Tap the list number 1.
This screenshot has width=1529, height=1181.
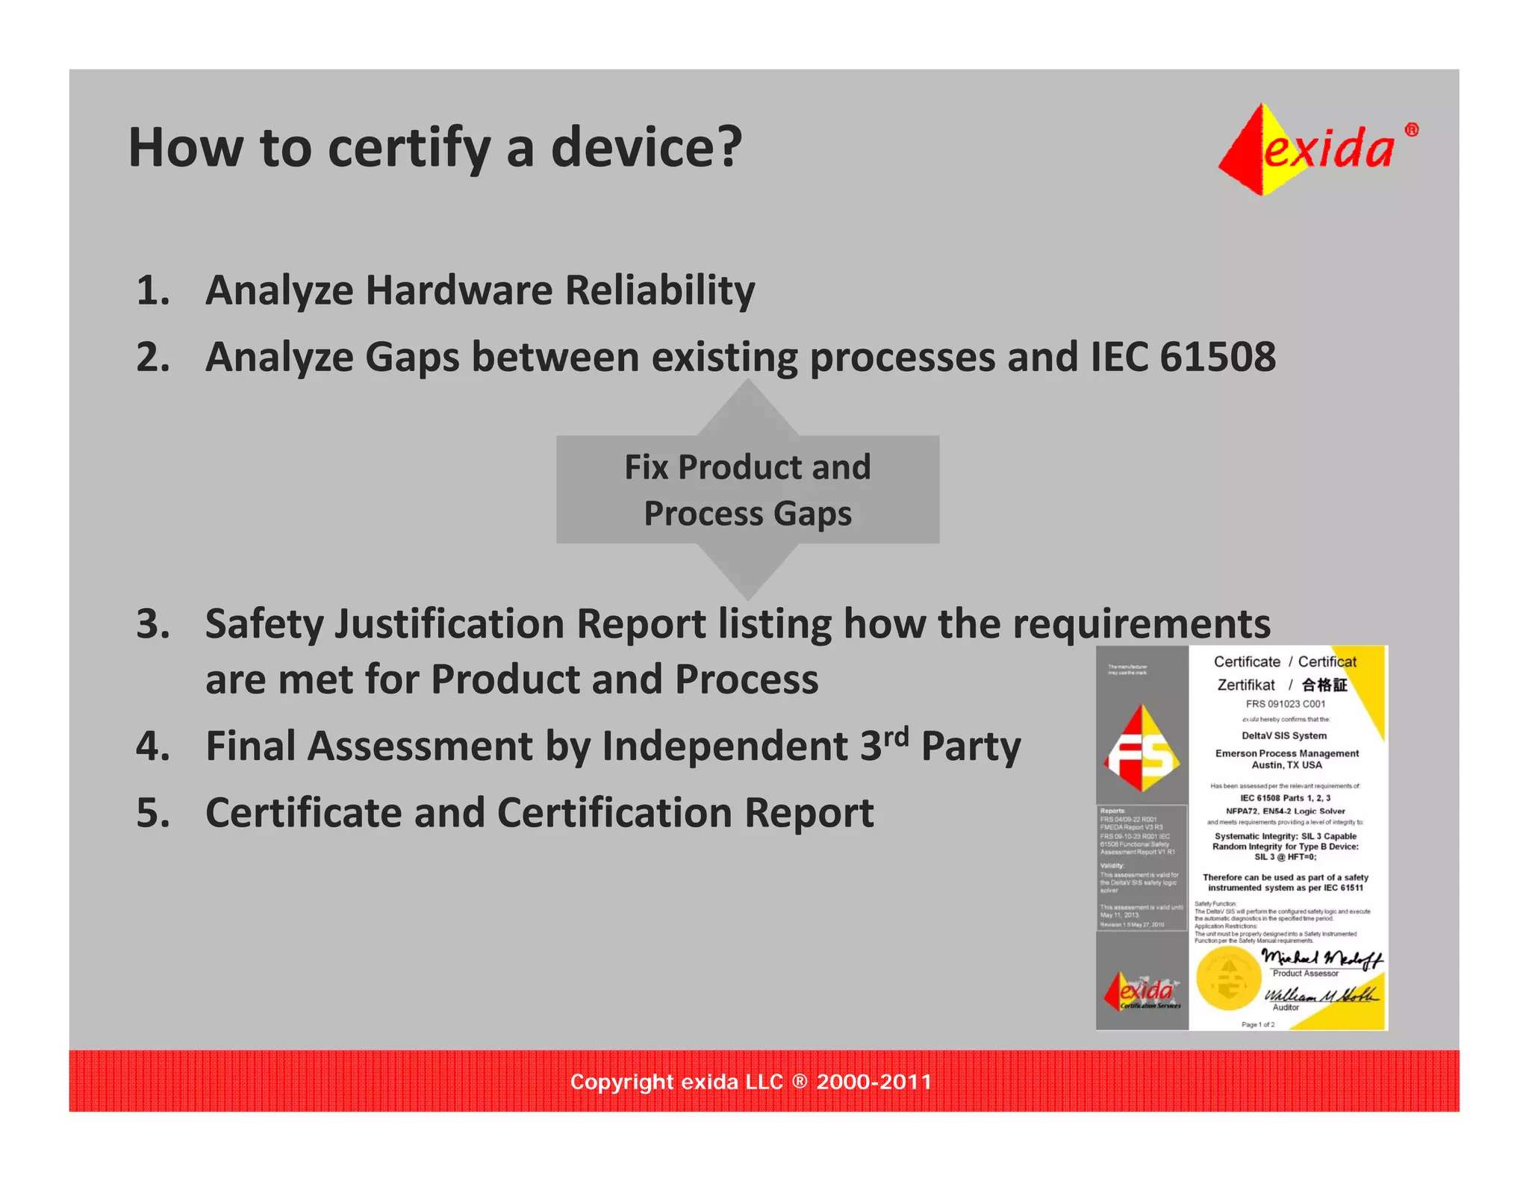click(152, 290)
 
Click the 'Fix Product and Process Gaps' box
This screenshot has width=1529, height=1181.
click(747, 490)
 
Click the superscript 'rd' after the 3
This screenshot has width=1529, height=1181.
click(896, 736)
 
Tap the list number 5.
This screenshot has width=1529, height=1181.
click(152, 813)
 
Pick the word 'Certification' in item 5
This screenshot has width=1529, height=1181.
click(614, 813)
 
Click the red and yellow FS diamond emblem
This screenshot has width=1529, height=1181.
click(1141, 749)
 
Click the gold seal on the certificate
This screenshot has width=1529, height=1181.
click(1228, 979)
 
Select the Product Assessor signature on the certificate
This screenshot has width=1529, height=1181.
click(1321, 958)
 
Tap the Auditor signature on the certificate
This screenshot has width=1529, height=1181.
click(1319, 994)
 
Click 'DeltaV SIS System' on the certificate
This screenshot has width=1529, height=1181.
click(1284, 735)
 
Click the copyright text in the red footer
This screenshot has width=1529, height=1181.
click(750, 1082)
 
